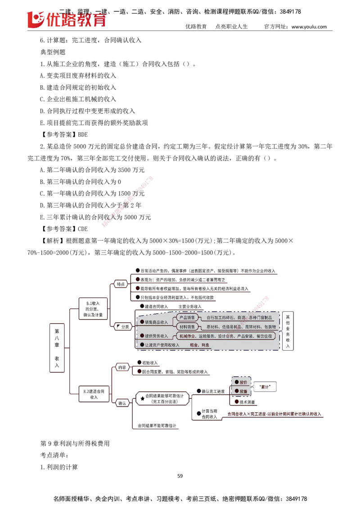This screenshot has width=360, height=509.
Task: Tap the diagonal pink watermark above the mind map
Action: point(128,202)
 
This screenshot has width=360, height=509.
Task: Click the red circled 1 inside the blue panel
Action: point(142,322)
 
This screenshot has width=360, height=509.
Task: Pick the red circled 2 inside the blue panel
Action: point(142,335)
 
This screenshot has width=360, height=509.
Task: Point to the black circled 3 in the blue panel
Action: point(142,344)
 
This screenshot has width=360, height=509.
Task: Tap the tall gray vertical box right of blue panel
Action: point(288,330)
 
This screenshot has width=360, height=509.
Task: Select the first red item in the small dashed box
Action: point(242,382)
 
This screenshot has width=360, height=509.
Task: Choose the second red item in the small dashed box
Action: point(242,391)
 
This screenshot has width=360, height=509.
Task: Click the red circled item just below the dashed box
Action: point(245,402)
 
